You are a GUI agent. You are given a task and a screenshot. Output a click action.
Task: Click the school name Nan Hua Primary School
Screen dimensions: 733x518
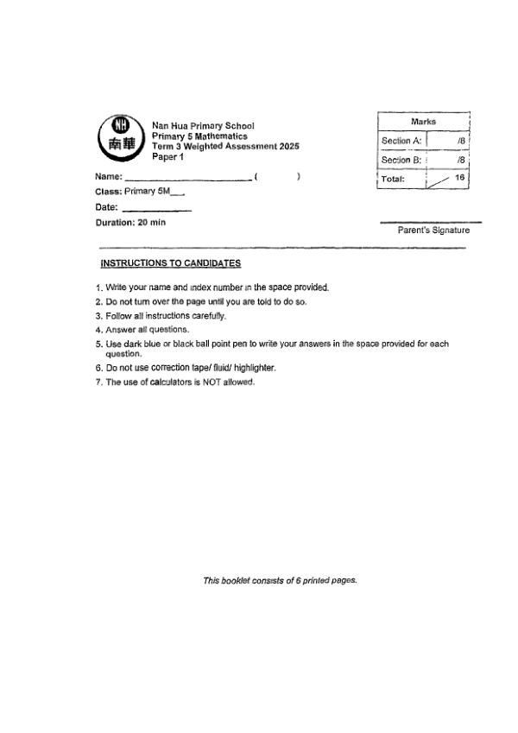pos(203,127)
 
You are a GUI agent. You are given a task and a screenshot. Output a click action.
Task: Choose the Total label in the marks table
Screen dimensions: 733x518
pos(397,178)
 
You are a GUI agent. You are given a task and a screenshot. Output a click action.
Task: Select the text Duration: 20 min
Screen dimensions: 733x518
pos(129,222)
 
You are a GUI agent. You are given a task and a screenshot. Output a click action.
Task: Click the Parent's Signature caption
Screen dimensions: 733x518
pos(433,231)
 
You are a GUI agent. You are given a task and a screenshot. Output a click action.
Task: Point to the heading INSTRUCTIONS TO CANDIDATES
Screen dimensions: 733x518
pos(171,262)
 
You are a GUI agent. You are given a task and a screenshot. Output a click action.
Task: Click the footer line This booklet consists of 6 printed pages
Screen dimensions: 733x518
pos(280,580)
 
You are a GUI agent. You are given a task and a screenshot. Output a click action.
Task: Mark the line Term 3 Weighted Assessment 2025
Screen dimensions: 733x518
pos(225,146)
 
